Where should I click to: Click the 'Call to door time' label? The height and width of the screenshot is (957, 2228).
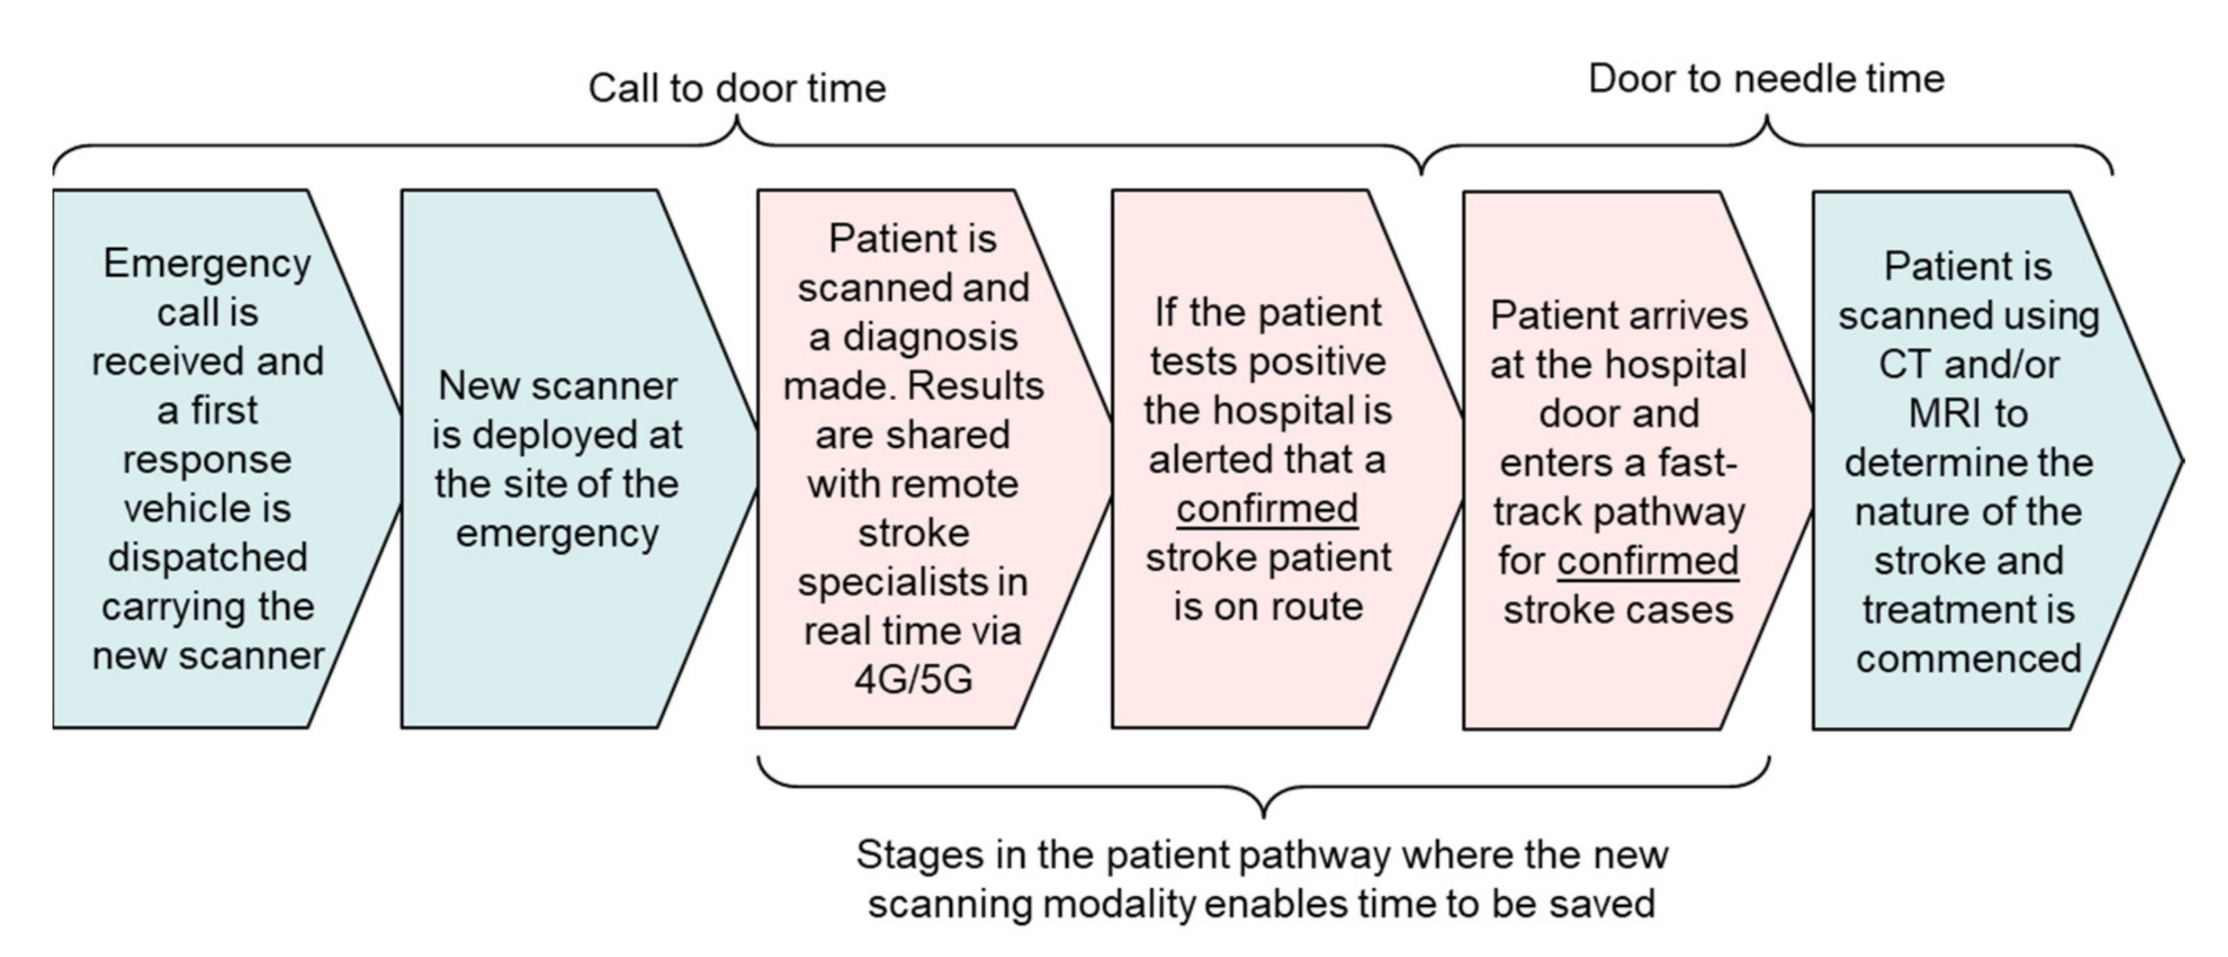(737, 89)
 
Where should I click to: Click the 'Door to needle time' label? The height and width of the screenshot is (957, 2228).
(1766, 79)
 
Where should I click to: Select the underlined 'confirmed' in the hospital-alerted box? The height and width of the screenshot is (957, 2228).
(1267, 509)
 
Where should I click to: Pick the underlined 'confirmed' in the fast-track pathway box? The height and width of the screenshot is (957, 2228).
(1648, 561)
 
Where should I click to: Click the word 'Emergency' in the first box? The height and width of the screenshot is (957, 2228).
(207, 263)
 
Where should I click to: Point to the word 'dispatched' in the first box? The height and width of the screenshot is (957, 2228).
(207, 557)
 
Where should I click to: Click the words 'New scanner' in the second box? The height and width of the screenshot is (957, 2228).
(557, 386)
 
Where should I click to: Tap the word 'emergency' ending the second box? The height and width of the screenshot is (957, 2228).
(557, 533)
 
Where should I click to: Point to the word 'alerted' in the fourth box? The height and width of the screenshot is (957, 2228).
(1207, 459)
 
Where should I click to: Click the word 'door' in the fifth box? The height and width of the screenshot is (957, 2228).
(1618, 414)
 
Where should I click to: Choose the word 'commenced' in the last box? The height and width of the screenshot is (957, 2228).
(1969, 660)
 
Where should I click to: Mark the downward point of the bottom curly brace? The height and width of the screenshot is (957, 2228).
(1264, 815)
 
